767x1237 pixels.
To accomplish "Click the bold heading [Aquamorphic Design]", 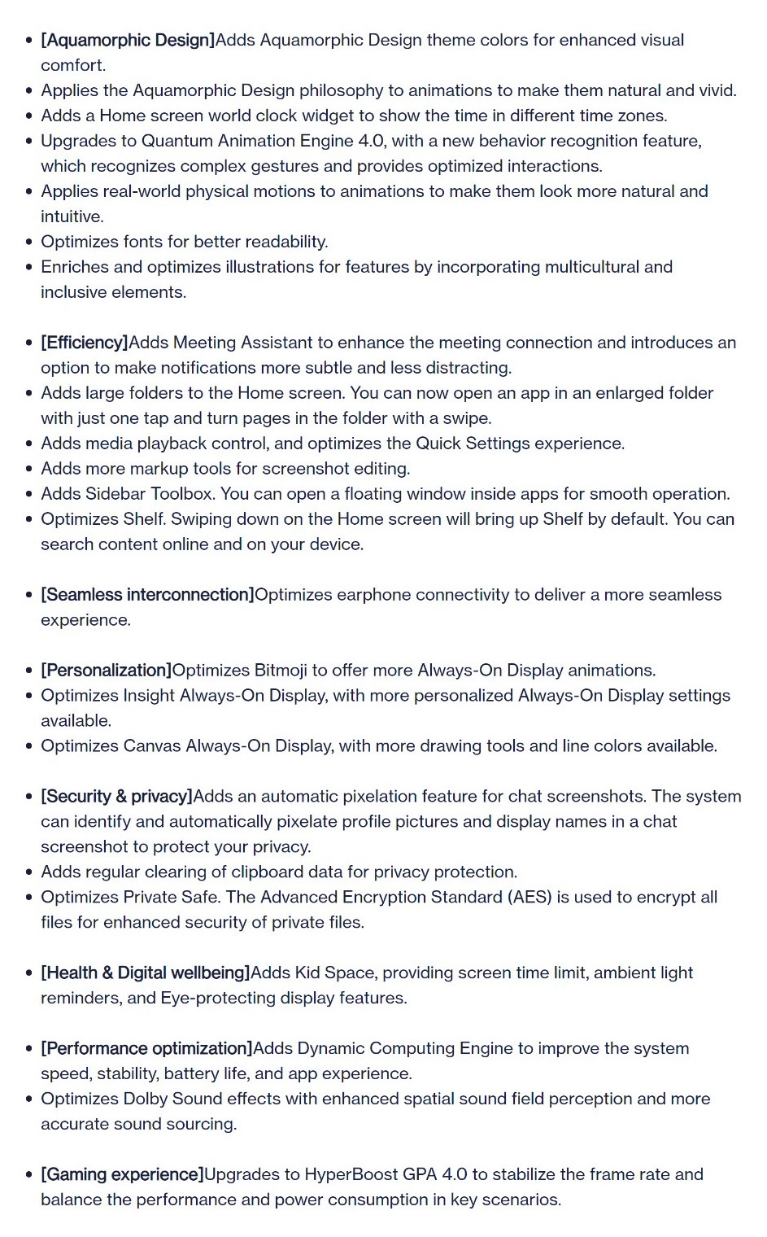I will coord(128,40).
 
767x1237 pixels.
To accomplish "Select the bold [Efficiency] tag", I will coord(85,343).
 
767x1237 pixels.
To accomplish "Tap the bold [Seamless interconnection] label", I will coord(147,595).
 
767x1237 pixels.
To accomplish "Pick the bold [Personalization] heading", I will coord(106,671).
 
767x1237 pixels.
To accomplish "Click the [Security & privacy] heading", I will coord(116,797).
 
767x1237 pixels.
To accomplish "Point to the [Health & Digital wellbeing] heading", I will coord(145,973).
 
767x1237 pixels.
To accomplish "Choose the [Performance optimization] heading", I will coord(146,1049).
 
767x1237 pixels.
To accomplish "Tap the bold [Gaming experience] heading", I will coord(122,1175).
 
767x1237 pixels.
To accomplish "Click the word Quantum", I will coord(175,141).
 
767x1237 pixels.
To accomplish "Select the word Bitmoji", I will coord(281,671).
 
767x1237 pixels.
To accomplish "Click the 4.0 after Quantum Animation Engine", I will coord(371,141).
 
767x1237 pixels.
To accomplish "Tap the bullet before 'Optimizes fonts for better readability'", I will coord(29,243).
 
